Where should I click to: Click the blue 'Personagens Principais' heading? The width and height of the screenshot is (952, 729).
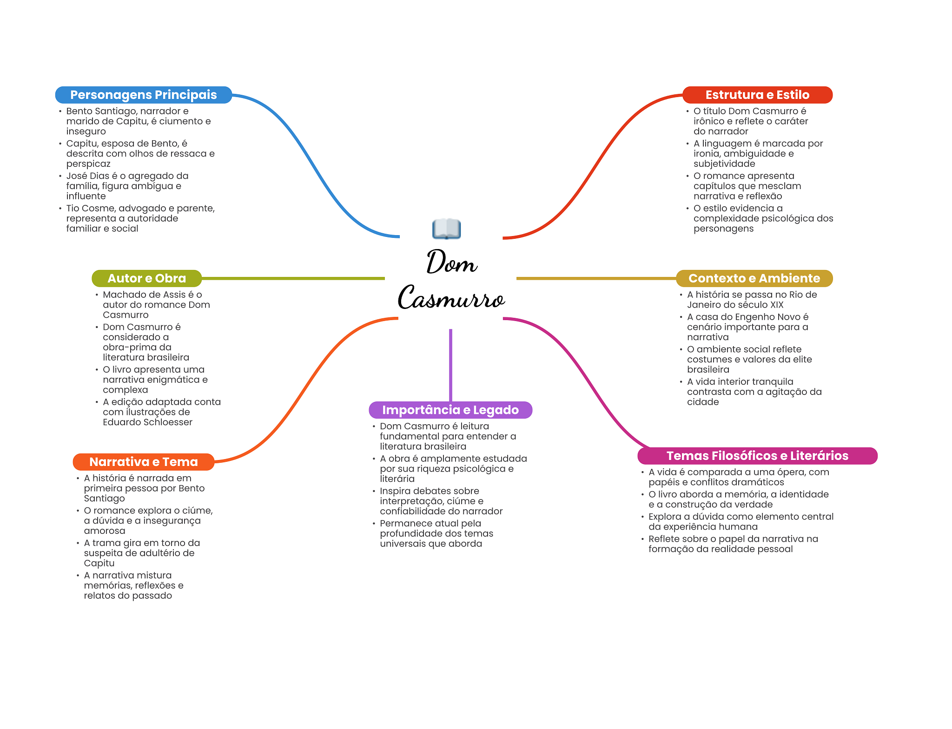click(x=143, y=95)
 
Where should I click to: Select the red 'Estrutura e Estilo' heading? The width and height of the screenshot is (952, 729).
click(x=757, y=95)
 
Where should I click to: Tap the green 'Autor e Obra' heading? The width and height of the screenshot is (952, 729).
click(x=146, y=278)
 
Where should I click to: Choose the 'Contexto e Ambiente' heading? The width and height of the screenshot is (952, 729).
click(x=754, y=278)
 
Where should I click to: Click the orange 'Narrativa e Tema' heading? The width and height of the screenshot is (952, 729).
click(x=143, y=462)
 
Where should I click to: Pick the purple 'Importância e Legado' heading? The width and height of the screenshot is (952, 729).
click(x=450, y=410)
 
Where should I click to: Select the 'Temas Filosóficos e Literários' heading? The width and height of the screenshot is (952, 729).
click(x=757, y=456)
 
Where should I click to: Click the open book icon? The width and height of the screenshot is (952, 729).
click(x=446, y=229)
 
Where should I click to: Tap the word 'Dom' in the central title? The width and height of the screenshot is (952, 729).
click(x=452, y=262)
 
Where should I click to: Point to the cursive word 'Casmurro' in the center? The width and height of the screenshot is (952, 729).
click(x=451, y=297)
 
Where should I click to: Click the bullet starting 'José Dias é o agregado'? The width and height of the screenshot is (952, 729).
click(x=127, y=186)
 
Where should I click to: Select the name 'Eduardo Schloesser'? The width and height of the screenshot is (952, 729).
click(x=147, y=422)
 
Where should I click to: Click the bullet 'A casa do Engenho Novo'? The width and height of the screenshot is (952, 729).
click(x=747, y=327)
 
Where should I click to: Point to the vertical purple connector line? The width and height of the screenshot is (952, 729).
click(x=450, y=365)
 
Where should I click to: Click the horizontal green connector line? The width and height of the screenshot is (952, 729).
click(x=293, y=278)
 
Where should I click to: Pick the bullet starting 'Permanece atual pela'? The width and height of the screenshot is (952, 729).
click(x=436, y=533)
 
